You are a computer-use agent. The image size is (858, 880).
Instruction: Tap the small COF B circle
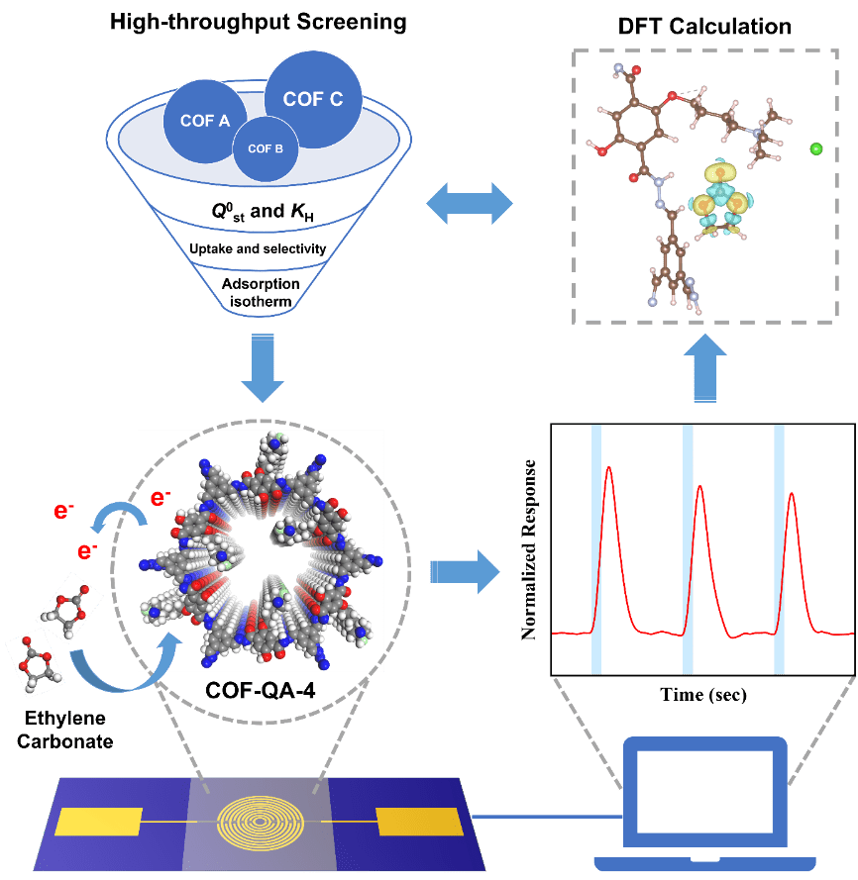pyautogui.click(x=265, y=148)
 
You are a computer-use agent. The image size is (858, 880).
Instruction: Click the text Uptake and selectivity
pyautogui.click(x=264, y=248)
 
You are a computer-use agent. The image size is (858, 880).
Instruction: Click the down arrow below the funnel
pyautogui.click(x=263, y=368)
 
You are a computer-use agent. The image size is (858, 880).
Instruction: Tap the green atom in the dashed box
pyautogui.click(x=816, y=148)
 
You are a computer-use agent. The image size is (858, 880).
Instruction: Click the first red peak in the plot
pyautogui.click(x=609, y=485)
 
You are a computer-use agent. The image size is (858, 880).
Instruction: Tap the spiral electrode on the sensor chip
pyautogui.click(x=256, y=821)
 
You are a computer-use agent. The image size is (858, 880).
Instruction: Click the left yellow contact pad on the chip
pyautogui.click(x=99, y=822)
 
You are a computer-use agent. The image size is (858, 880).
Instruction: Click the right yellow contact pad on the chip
pyautogui.click(x=418, y=822)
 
